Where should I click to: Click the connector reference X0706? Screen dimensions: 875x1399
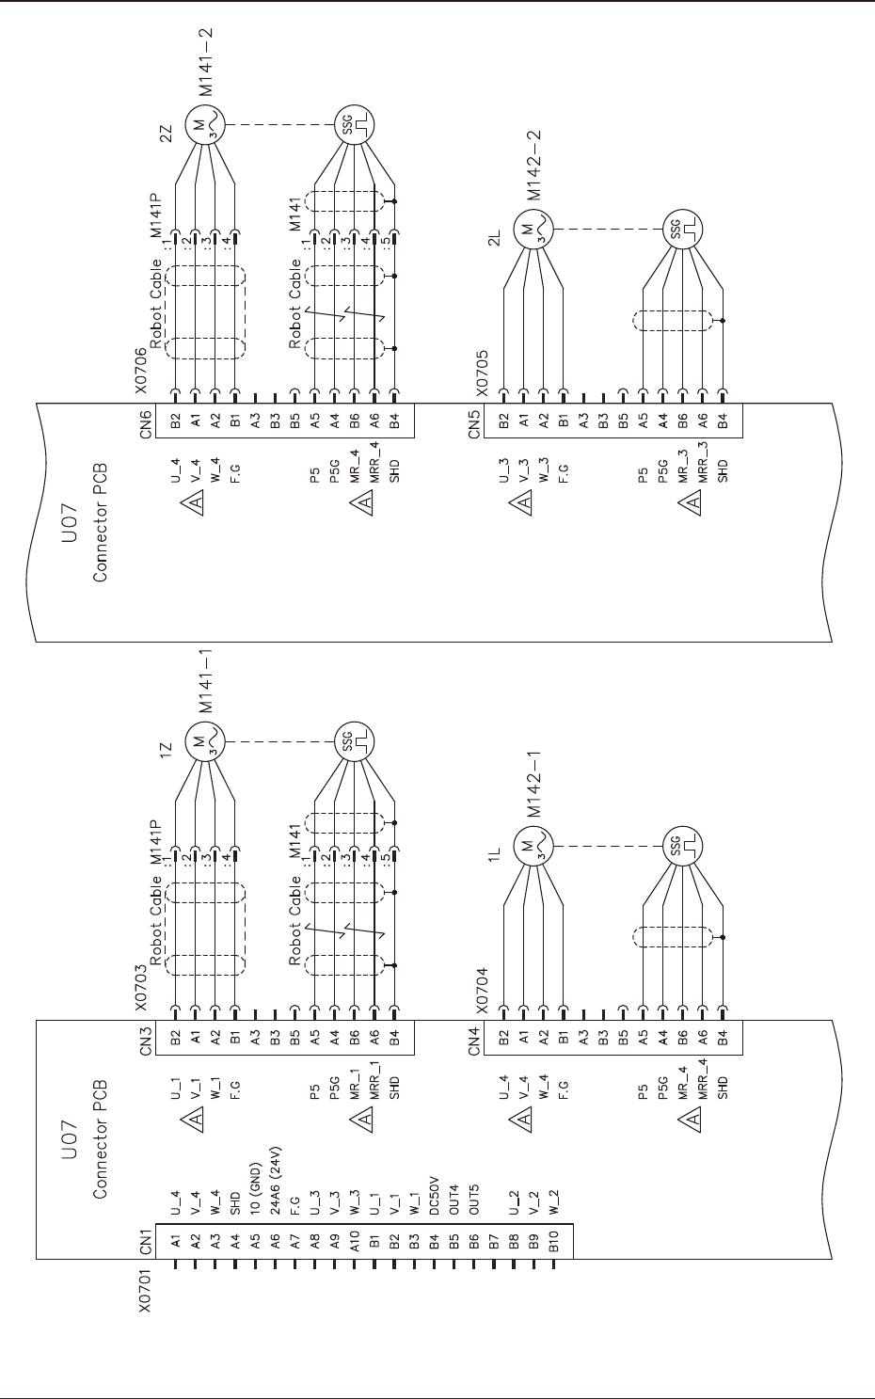click(x=141, y=371)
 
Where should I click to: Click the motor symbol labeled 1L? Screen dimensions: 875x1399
click(x=530, y=846)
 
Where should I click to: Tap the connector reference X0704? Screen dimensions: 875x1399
click(x=481, y=990)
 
